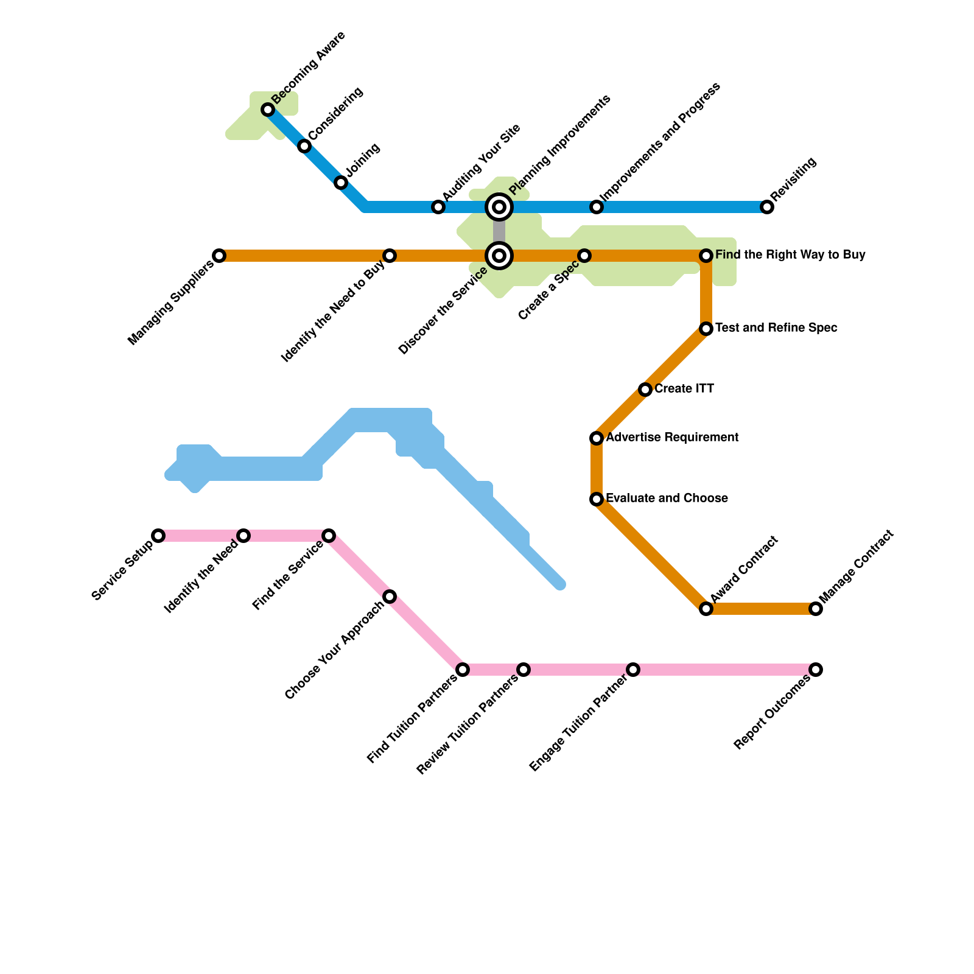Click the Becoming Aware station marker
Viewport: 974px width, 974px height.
pyautogui.click(x=268, y=110)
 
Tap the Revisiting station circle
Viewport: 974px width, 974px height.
pyautogui.click(x=767, y=207)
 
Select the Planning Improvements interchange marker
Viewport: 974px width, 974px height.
pyautogui.click(x=499, y=207)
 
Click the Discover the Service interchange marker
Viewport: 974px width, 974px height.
pyautogui.click(x=499, y=256)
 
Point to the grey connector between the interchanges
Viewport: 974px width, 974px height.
pyautogui.click(x=499, y=231)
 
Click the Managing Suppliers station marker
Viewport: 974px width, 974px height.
pyautogui.click(x=219, y=256)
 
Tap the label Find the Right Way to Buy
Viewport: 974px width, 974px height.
pyautogui.click(x=790, y=254)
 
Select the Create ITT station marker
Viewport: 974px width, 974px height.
pyautogui.click(x=645, y=390)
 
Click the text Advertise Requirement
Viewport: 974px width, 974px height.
pyautogui.click(x=672, y=437)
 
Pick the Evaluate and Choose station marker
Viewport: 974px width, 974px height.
pyautogui.click(x=597, y=499)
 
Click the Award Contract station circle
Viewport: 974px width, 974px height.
pyautogui.click(x=706, y=609)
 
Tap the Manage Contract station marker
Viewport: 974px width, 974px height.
pyautogui.click(x=816, y=609)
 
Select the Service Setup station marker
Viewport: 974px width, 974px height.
pyautogui.click(x=158, y=536)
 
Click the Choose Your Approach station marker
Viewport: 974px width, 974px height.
pyautogui.click(x=390, y=597)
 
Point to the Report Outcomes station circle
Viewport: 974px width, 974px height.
pyautogui.click(x=816, y=670)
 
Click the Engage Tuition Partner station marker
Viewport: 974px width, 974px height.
pyautogui.click(x=633, y=670)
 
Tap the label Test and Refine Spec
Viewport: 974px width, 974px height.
pyautogui.click(x=776, y=328)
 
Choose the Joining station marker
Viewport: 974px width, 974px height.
pyautogui.click(x=341, y=183)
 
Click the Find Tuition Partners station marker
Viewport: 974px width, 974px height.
pyautogui.click(x=463, y=670)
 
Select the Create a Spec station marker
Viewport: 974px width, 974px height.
pyautogui.click(x=584, y=256)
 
